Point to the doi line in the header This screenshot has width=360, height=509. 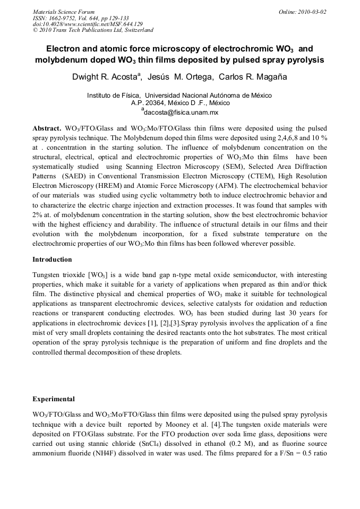tap(88, 24)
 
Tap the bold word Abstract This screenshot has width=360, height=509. tap(46, 129)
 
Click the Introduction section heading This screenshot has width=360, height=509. tap(52, 260)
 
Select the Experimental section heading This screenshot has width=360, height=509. tap(54, 399)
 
